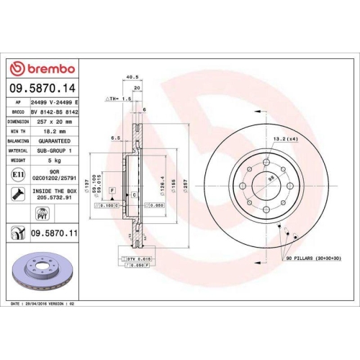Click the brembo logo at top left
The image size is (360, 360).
41,68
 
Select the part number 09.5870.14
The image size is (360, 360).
41,88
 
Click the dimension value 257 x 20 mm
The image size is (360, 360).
56,122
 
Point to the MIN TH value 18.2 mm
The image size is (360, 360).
55,132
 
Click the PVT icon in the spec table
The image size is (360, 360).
41,213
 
